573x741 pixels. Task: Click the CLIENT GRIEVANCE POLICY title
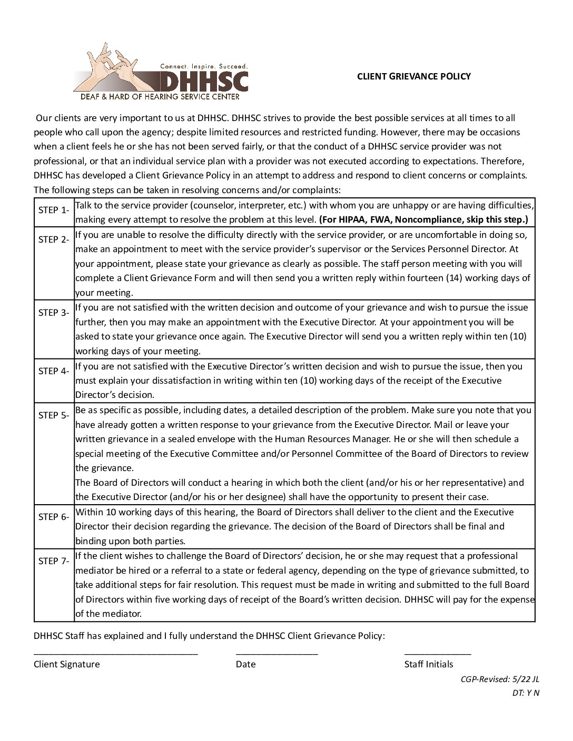click(x=413, y=76)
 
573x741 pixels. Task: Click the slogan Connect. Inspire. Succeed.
click(x=204, y=66)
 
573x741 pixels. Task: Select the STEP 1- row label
click(x=54, y=210)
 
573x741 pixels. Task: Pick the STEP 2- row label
click(x=54, y=239)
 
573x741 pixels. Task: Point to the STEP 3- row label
click(x=54, y=313)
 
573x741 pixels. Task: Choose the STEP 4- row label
click(x=54, y=371)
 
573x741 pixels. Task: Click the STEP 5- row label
click(x=54, y=415)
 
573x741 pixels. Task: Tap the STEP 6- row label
click(x=54, y=517)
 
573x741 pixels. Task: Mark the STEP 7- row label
click(x=54, y=561)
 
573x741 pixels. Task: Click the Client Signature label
click(x=67, y=664)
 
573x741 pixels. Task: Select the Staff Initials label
click(x=429, y=664)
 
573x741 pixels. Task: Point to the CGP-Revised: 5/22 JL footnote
click(x=500, y=679)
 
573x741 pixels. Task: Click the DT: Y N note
click(x=526, y=693)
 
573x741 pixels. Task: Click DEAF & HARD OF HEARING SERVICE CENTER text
click(x=160, y=97)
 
